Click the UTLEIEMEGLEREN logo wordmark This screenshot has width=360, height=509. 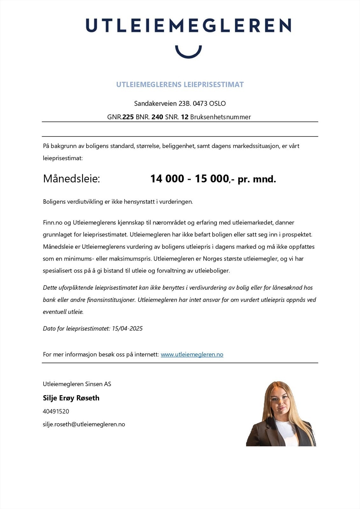coord(188,25)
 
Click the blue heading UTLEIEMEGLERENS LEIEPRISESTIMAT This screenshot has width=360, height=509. coord(180,85)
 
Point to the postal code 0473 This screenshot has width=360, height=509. coord(200,103)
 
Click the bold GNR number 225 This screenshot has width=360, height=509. coord(128,117)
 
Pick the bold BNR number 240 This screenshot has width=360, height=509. coord(157,117)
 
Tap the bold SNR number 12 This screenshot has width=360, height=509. coord(185,117)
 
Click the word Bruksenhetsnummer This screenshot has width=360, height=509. coord(220,117)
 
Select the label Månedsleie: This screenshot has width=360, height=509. coord(71,179)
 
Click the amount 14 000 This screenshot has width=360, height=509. coord(167,179)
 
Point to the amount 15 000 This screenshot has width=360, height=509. coord(212,179)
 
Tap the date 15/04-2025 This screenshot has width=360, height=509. coord(127,329)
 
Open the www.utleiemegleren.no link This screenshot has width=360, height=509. coord(192,354)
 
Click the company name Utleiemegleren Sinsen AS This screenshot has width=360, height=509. coord(77,384)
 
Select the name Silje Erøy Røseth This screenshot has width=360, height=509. coord(71,398)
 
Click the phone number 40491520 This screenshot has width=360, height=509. coord(56,411)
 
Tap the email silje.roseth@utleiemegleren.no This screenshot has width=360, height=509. coord(84,424)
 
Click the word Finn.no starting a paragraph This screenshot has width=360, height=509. coord(53,223)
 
